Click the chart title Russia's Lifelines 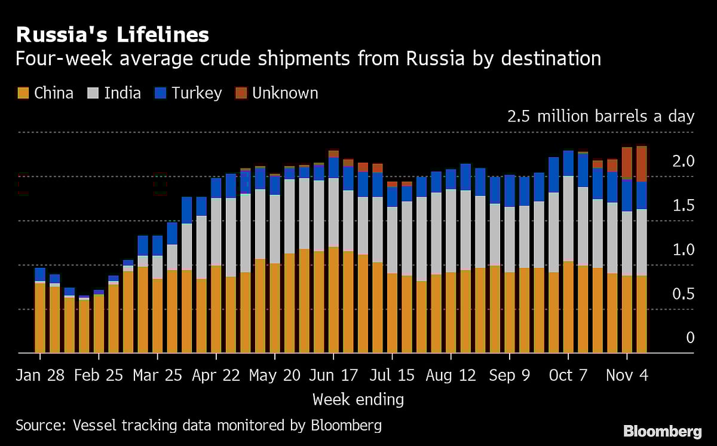click(x=112, y=35)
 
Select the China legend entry click(x=45, y=93)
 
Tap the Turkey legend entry click(x=188, y=93)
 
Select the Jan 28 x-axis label click(x=40, y=375)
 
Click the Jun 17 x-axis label click(x=333, y=375)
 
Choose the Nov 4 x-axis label click(x=627, y=375)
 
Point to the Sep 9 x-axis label click(x=510, y=375)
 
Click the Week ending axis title click(x=358, y=399)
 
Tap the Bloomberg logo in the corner click(x=662, y=431)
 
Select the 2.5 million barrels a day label click(x=600, y=116)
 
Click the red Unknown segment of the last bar click(x=641, y=164)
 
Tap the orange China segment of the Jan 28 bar click(x=40, y=317)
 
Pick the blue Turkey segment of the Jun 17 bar click(x=333, y=167)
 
